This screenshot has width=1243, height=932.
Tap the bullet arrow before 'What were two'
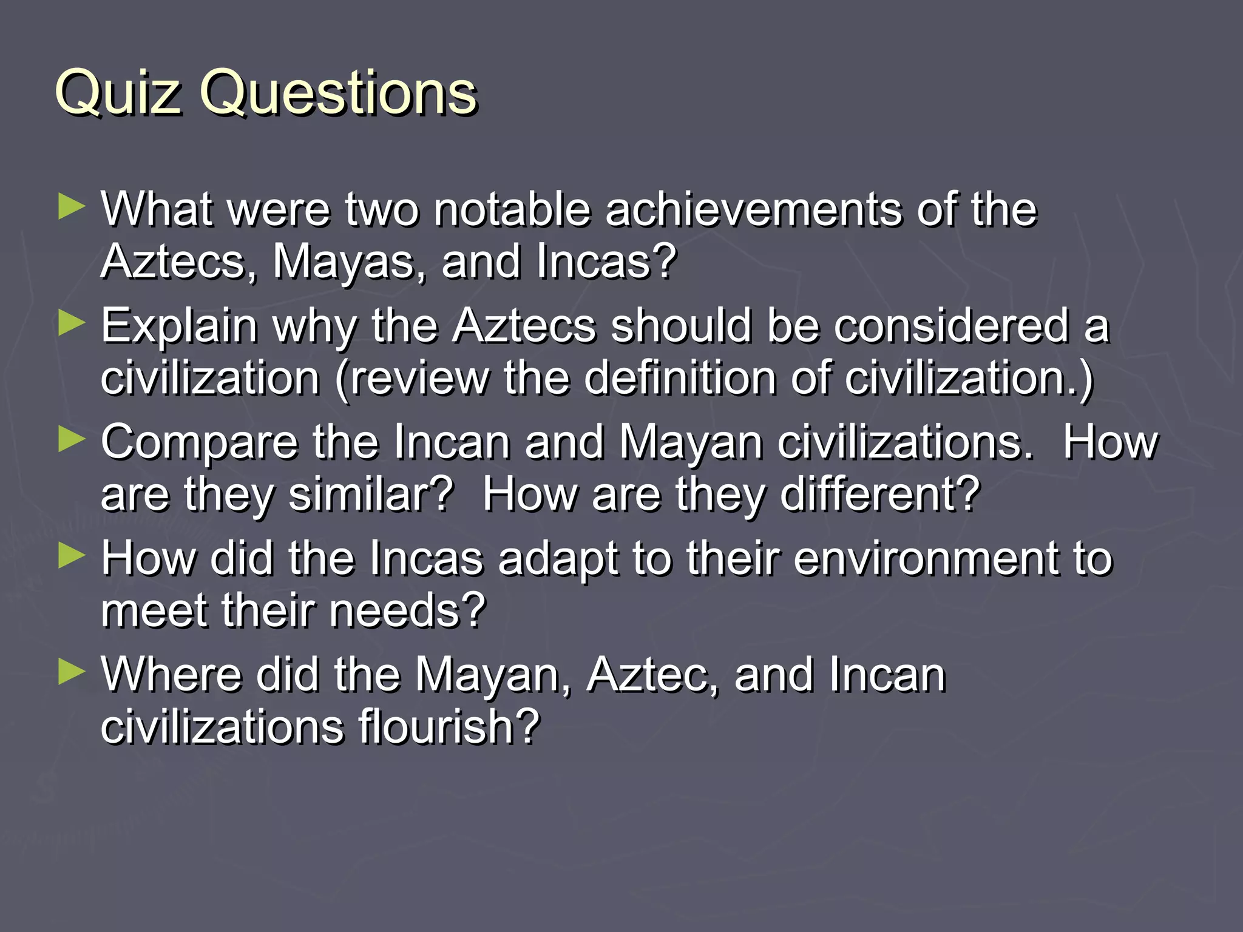click(x=72, y=208)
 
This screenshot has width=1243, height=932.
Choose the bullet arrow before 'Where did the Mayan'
click(x=72, y=672)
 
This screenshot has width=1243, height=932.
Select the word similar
click(x=370, y=495)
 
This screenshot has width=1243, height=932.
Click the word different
click(x=879, y=495)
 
